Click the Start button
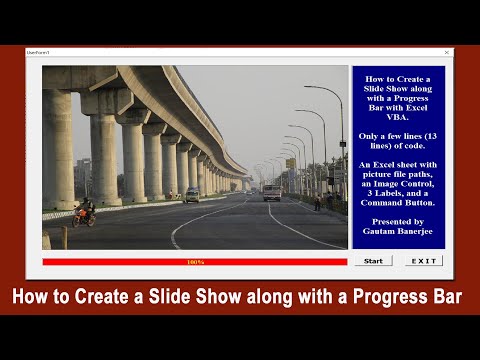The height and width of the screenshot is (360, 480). tap(373, 261)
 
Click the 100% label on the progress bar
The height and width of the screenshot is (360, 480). tap(195, 262)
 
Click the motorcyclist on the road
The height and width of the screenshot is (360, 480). tap(84, 212)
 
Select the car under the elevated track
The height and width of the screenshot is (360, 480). tap(191, 194)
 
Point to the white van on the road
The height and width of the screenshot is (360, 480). tap(272, 192)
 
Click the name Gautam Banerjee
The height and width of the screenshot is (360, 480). tap(397, 232)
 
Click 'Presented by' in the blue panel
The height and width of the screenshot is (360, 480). tap(397, 220)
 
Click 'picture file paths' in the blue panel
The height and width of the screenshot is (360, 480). tap(397, 173)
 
